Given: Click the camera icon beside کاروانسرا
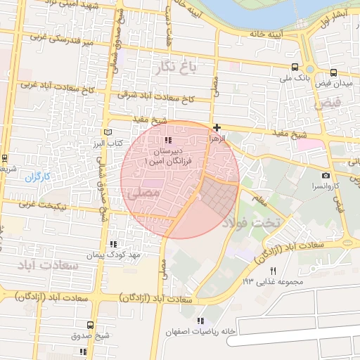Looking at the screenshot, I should click(326, 175).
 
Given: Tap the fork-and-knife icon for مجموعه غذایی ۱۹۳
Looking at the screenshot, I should click(274, 271).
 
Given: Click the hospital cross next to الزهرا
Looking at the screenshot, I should click(217, 127).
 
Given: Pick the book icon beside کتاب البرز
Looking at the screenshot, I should click(108, 131).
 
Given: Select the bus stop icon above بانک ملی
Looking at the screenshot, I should click(294, 68).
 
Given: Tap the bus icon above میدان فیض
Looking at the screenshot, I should click(333, 72).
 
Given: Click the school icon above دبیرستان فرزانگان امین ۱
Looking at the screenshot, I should click(167, 141).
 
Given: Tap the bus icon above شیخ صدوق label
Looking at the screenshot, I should click(90, 325).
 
